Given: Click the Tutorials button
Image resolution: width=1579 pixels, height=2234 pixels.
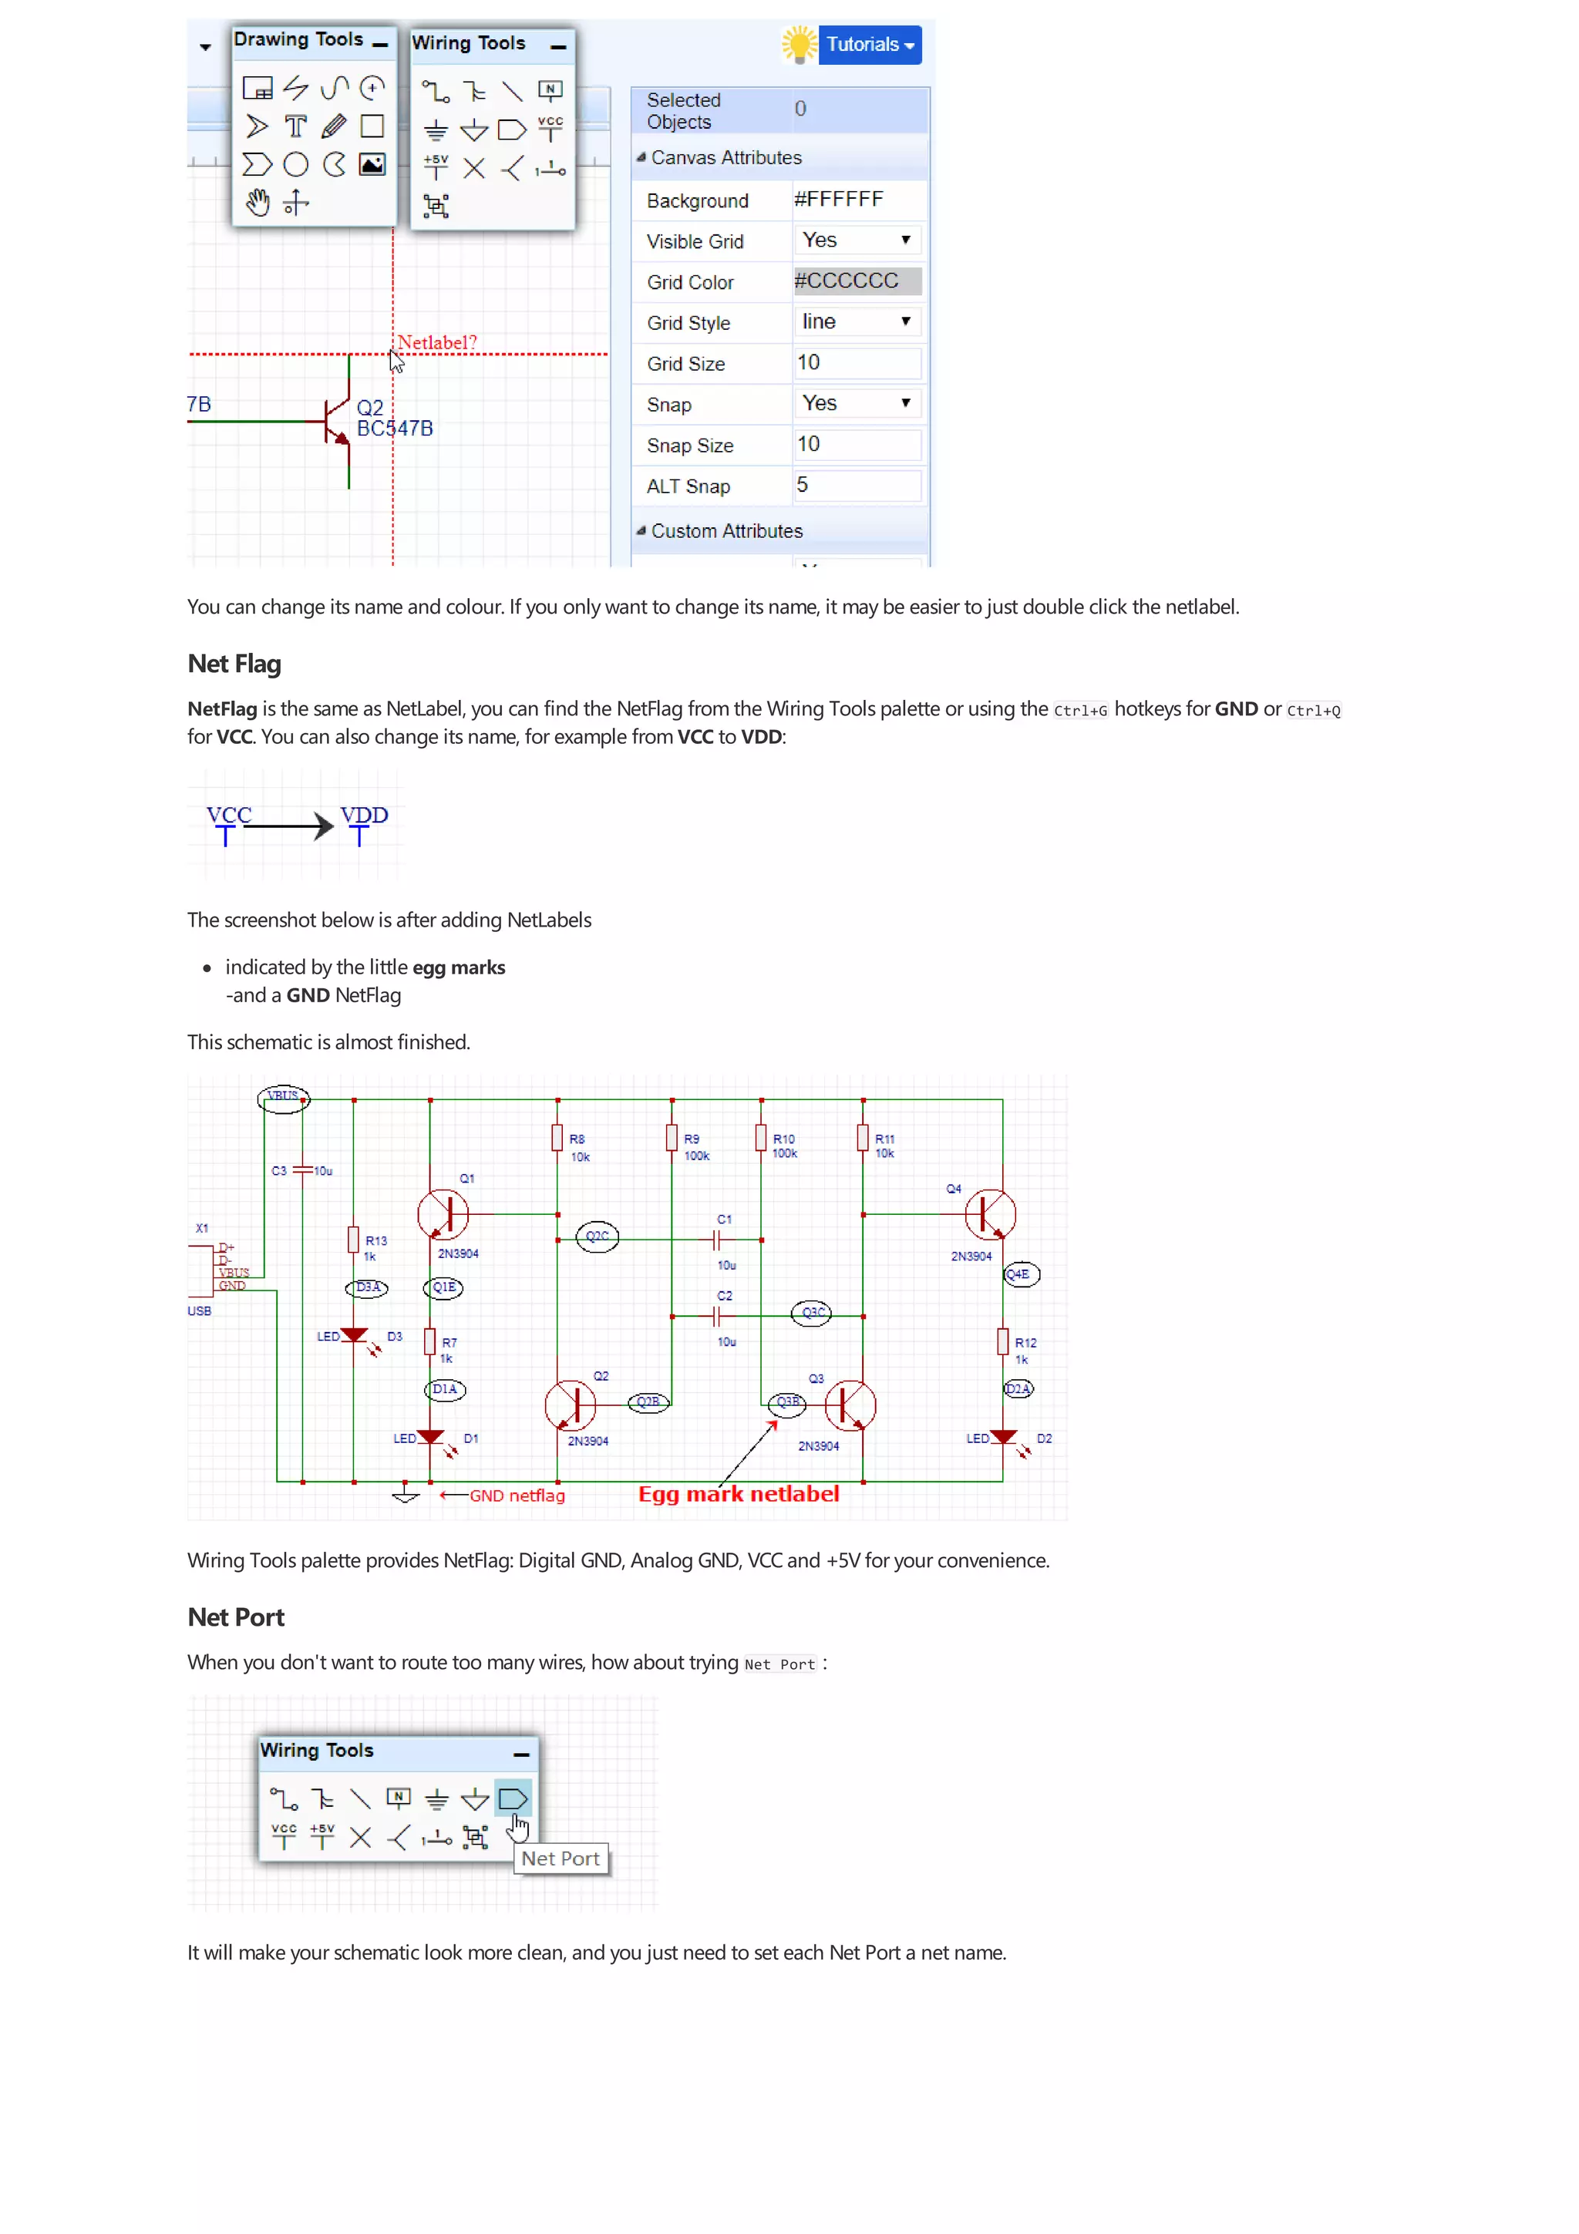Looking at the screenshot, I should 869,45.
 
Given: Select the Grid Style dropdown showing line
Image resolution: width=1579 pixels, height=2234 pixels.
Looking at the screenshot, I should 856,322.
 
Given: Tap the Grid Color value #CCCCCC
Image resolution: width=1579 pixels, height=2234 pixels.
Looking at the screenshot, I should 856,281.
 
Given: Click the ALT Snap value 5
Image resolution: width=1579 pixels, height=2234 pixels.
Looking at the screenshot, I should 856,486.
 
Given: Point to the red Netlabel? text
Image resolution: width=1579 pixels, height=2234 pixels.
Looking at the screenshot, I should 437,342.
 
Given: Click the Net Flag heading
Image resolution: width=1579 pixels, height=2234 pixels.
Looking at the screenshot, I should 234,664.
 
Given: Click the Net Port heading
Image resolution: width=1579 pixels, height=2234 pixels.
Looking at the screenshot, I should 235,1617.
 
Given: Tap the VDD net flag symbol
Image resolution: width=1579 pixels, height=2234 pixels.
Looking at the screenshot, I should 363,823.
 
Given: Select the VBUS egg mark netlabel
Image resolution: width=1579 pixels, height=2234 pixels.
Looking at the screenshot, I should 283,1098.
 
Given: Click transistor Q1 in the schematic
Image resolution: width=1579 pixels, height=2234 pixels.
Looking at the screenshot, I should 443,1213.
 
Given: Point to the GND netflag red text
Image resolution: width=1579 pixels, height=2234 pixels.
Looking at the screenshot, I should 517,1496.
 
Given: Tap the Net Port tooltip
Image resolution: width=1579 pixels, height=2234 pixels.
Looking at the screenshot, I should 561,1859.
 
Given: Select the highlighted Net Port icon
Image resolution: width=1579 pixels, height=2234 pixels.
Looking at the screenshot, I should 513,1799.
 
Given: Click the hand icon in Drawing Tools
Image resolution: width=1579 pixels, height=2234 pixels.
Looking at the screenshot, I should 257,203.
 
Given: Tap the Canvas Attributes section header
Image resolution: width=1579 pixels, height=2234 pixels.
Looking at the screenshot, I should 726,157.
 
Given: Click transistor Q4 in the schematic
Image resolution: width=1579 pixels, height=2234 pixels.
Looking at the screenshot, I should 989,1214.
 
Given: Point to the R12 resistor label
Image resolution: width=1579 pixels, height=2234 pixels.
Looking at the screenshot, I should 1025,1343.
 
